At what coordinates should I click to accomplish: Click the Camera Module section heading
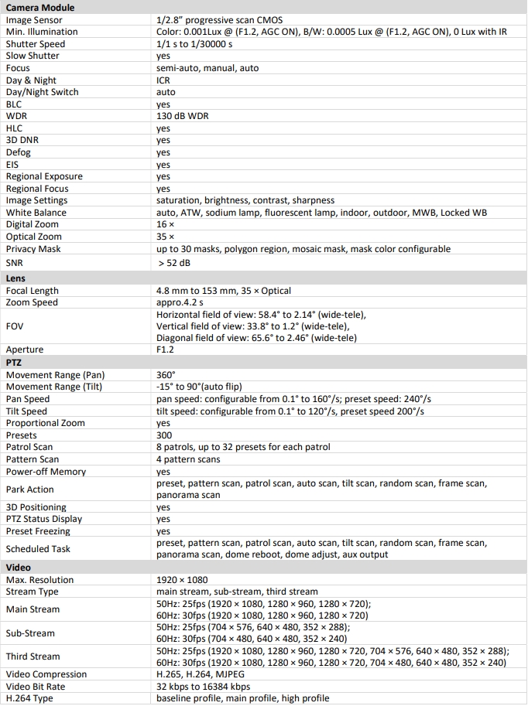[41, 7]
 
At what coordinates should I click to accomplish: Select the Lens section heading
[16, 278]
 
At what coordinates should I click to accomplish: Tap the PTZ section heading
[15, 362]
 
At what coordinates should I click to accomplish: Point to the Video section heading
[19, 567]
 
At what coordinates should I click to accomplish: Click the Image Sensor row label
[34, 19]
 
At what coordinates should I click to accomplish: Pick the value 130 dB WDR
[182, 116]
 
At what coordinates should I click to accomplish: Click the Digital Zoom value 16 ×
[165, 224]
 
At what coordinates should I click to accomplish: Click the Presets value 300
[164, 435]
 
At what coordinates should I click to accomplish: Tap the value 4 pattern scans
[188, 459]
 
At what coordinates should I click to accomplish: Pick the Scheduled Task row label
[38, 549]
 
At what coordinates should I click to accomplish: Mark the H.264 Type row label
[29, 698]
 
